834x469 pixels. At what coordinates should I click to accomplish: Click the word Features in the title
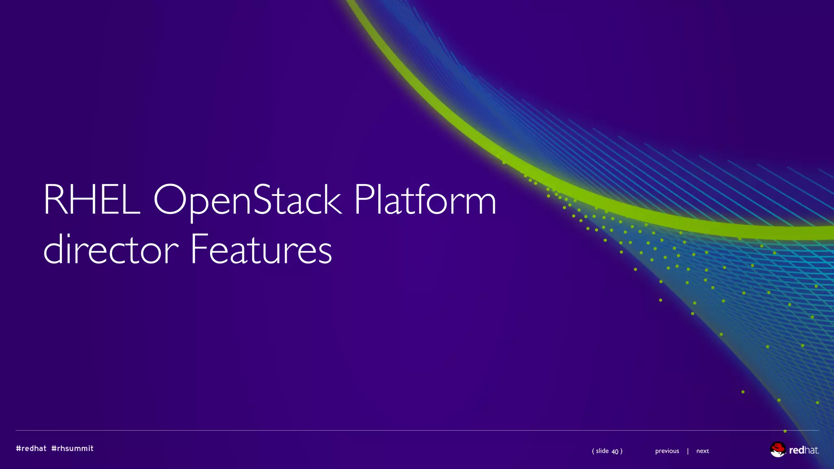pos(261,249)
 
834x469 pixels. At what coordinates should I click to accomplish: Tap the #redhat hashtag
pos(31,448)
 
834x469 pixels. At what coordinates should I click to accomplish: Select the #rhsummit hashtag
pos(72,448)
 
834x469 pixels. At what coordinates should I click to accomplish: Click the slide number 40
pos(615,451)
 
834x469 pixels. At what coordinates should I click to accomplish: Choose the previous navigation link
pos(667,451)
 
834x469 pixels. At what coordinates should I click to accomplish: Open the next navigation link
pos(702,451)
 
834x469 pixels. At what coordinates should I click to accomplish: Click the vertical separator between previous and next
pos(688,451)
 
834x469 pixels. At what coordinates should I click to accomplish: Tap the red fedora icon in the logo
pos(777,449)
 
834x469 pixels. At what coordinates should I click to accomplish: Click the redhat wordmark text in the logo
pos(804,450)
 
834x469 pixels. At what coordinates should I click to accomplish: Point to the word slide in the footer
pos(602,451)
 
